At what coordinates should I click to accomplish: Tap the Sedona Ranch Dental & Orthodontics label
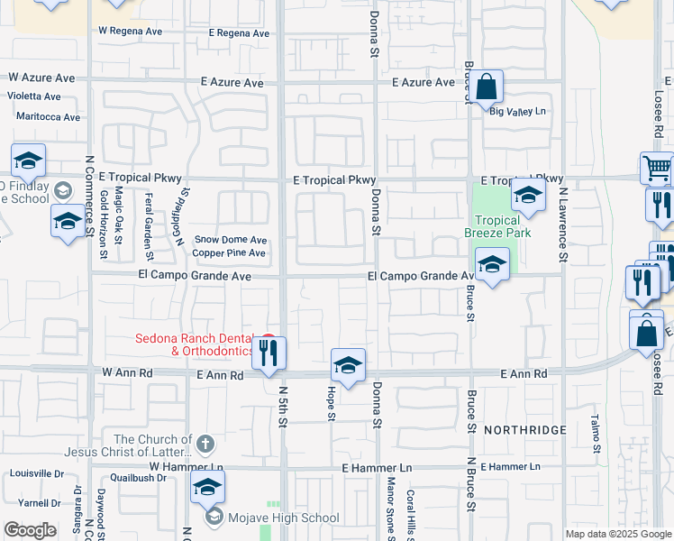(x=194, y=345)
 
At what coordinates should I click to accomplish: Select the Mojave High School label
(x=284, y=518)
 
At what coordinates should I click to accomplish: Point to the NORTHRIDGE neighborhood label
(x=524, y=430)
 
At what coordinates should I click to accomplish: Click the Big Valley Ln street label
(x=518, y=111)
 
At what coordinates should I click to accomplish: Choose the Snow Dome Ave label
(x=232, y=241)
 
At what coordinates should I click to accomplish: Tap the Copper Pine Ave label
(x=230, y=253)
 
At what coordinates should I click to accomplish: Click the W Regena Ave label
(x=130, y=30)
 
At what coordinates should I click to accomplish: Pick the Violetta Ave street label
(x=34, y=96)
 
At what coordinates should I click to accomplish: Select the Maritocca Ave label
(x=48, y=117)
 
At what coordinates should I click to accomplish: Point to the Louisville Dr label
(x=36, y=473)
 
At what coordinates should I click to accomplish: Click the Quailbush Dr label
(x=136, y=478)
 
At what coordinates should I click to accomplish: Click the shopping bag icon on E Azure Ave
(x=486, y=88)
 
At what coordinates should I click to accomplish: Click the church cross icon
(x=205, y=444)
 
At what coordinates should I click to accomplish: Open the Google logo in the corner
(x=30, y=530)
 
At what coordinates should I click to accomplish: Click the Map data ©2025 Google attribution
(x=618, y=534)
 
